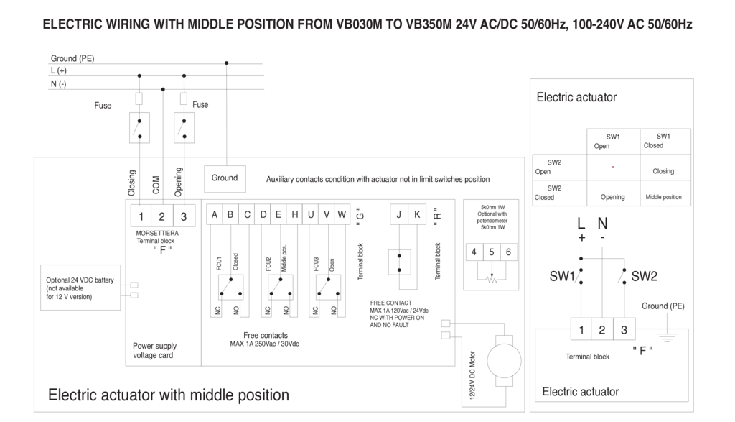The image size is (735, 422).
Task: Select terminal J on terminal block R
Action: [x=399, y=214]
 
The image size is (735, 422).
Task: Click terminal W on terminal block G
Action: [x=342, y=214]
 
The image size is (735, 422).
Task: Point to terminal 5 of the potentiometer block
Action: [x=492, y=252]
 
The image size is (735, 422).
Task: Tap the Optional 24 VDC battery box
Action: [x=80, y=288]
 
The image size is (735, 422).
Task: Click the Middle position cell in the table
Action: [x=663, y=197]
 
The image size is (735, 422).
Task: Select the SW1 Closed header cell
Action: [x=663, y=141]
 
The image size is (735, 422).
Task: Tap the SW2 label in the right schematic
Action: [x=644, y=276]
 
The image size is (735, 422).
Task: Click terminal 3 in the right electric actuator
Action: [x=624, y=330]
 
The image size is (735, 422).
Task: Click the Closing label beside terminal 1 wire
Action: [x=132, y=183]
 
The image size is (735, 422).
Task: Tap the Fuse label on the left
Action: [x=103, y=106]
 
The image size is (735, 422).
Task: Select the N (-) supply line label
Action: [x=58, y=84]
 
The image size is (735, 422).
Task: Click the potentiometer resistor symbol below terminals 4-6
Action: [x=492, y=280]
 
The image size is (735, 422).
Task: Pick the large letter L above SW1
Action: [x=581, y=224]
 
